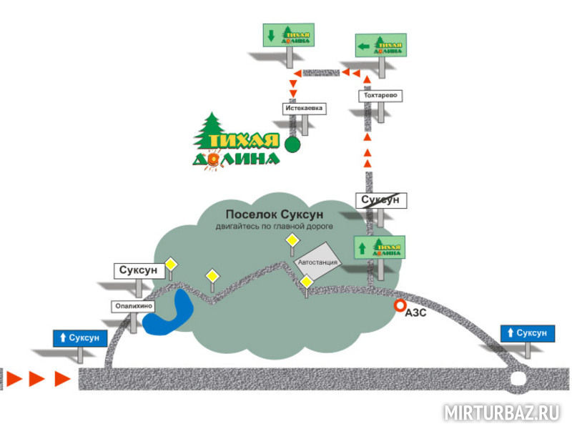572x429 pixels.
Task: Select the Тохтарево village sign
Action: click(x=378, y=95)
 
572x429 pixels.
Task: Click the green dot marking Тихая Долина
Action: click(x=292, y=145)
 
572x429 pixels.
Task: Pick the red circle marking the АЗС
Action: click(x=399, y=307)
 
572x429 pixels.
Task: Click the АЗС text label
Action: click(x=415, y=312)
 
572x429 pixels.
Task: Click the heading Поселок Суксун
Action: click(x=275, y=214)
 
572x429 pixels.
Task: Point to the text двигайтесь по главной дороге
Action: click(x=275, y=227)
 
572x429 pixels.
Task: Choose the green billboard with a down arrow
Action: click(x=289, y=36)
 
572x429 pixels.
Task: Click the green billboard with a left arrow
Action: click(x=380, y=46)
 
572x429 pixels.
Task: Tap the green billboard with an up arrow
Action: click(x=380, y=247)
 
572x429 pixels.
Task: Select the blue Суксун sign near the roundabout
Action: click(x=527, y=333)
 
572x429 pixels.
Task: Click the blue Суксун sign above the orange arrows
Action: click(x=80, y=337)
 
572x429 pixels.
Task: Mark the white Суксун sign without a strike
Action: click(x=134, y=271)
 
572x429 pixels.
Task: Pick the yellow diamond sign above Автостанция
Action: click(x=292, y=242)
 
